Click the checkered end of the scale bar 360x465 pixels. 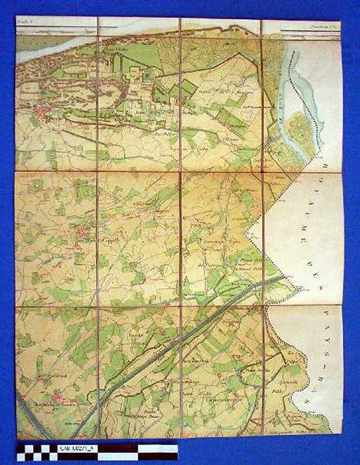click(36, 452)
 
